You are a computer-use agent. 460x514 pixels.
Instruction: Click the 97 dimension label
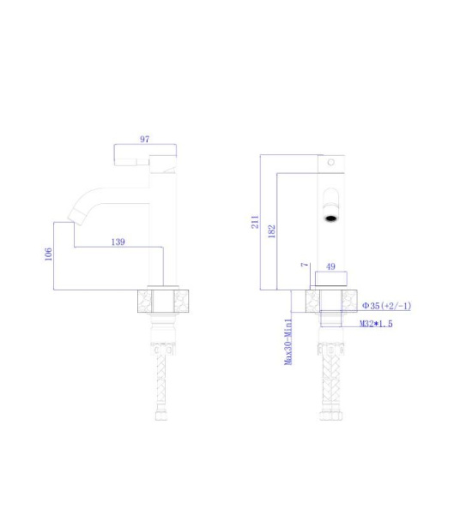(145, 139)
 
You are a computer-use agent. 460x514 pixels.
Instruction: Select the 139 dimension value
(118, 242)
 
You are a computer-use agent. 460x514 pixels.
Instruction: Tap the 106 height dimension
(48, 254)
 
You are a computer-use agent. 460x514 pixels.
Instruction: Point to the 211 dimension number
(255, 222)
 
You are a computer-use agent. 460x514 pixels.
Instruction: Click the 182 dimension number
(272, 231)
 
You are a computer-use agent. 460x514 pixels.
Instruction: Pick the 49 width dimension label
(330, 266)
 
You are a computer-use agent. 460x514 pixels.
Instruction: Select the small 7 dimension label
(305, 264)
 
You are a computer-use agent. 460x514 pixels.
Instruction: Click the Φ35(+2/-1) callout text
(386, 306)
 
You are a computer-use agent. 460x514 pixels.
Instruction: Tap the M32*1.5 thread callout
(376, 324)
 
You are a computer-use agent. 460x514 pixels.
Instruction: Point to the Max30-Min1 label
(288, 342)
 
